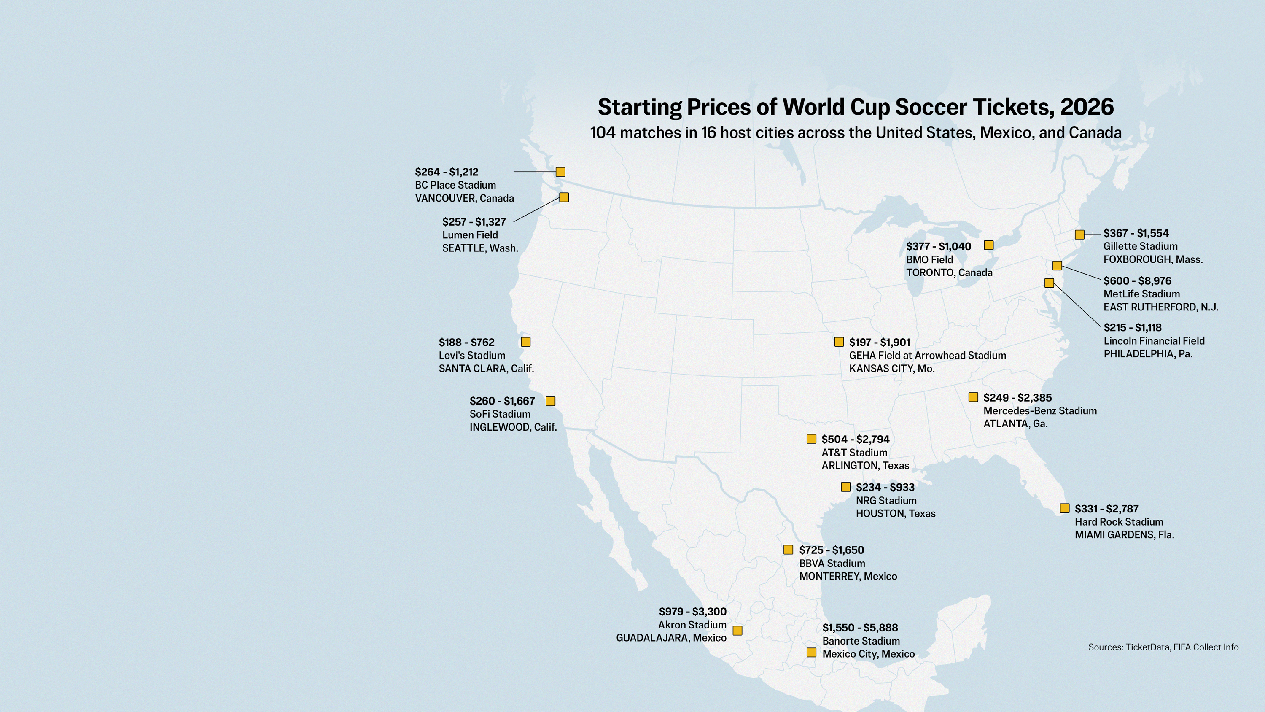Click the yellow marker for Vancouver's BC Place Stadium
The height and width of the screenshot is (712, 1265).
click(x=560, y=172)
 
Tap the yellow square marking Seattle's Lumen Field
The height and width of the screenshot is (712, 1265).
click(x=564, y=197)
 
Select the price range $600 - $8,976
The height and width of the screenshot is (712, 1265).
click(x=1137, y=281)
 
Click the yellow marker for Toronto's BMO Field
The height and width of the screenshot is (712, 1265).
click(x=989, y=245)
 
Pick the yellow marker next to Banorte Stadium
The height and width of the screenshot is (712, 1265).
click(x=811, y=653)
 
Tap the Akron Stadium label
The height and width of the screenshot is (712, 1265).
click(x=692, y=625)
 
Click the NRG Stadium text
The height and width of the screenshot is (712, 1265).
click(x=886, y=501)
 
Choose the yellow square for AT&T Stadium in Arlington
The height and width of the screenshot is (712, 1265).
click(x=812, y=439)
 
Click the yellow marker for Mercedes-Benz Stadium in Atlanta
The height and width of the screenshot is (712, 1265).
click(x=973, y=397)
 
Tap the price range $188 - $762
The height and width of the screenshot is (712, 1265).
click(x=466, y=343)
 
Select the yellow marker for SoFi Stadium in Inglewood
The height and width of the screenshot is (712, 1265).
click(x=551, y=402)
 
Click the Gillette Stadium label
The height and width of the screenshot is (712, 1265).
click(x=1140, y=246)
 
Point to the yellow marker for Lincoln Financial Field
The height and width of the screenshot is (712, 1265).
click(x=1050, y=283)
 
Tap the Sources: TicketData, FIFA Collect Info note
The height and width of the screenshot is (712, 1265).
click(x=1163, y=647)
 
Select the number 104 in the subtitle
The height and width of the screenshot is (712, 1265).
click(x=603, y=133)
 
